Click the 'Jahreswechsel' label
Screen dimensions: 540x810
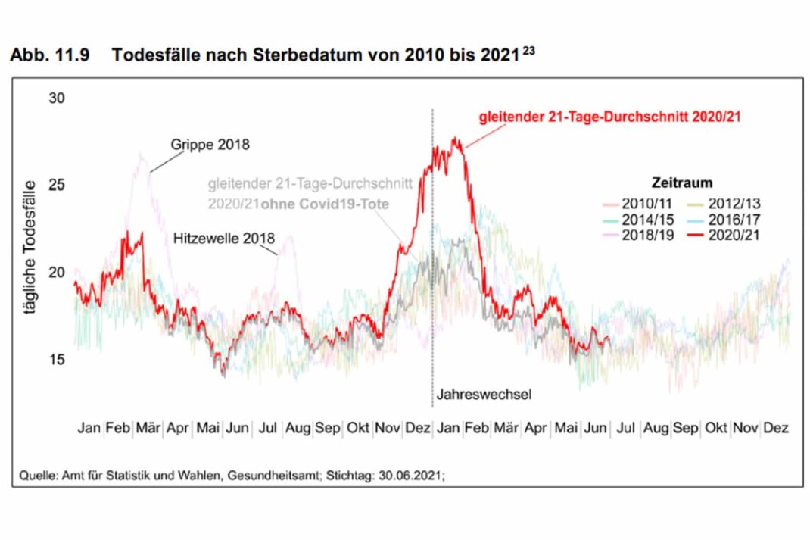point(473,395)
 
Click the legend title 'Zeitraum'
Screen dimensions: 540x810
point(681,183)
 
